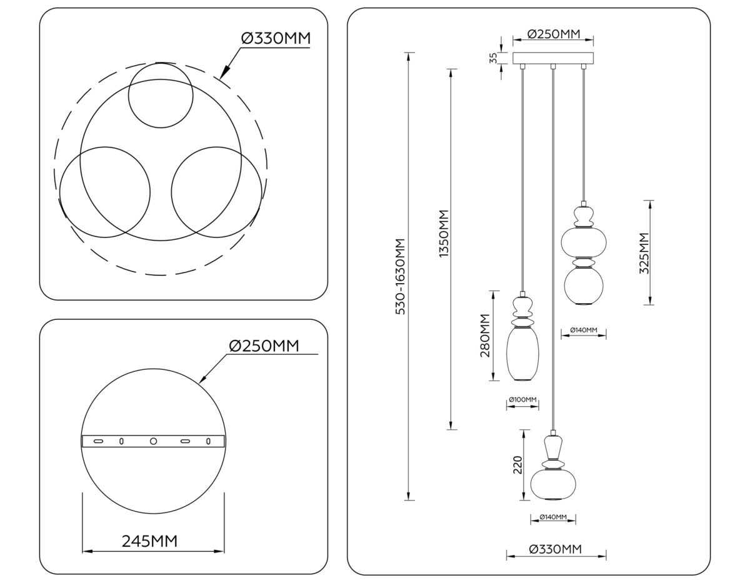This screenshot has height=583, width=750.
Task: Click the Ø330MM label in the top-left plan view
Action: point(276,39)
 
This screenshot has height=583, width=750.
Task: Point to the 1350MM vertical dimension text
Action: point(444,234)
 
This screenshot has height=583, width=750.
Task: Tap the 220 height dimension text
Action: point(517,465)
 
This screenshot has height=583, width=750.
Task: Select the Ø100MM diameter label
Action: point(522,399)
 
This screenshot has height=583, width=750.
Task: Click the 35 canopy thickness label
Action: point(493,58)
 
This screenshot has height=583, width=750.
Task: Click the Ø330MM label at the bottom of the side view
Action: point(555,549)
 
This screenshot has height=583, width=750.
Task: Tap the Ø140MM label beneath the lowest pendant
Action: point(552,517)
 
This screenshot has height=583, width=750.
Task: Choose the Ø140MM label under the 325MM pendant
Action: point(583,329)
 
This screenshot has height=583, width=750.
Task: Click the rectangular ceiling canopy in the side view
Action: point(552,59)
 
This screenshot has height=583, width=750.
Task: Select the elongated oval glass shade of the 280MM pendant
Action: point(522,354)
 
